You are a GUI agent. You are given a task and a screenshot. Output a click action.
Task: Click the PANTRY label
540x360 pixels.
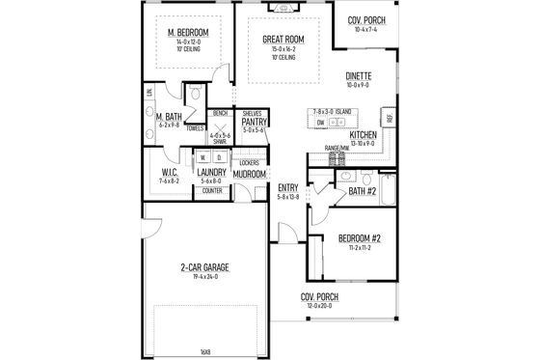254,122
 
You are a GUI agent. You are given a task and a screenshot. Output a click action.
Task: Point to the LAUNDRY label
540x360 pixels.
211,172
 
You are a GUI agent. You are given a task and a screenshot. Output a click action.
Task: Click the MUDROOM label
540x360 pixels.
249,175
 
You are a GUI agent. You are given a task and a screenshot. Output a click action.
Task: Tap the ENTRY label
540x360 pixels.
287,187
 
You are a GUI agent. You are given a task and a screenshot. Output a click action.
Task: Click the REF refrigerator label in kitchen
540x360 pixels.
389,118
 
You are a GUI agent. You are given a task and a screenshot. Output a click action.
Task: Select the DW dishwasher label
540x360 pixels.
320,124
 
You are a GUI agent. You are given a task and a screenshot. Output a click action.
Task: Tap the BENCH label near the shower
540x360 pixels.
219,113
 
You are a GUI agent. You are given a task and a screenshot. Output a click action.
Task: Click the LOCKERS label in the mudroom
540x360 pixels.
248,162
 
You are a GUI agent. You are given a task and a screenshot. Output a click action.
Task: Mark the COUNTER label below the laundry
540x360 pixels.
211,191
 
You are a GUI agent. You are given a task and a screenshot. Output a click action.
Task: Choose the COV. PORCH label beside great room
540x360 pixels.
367,18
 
